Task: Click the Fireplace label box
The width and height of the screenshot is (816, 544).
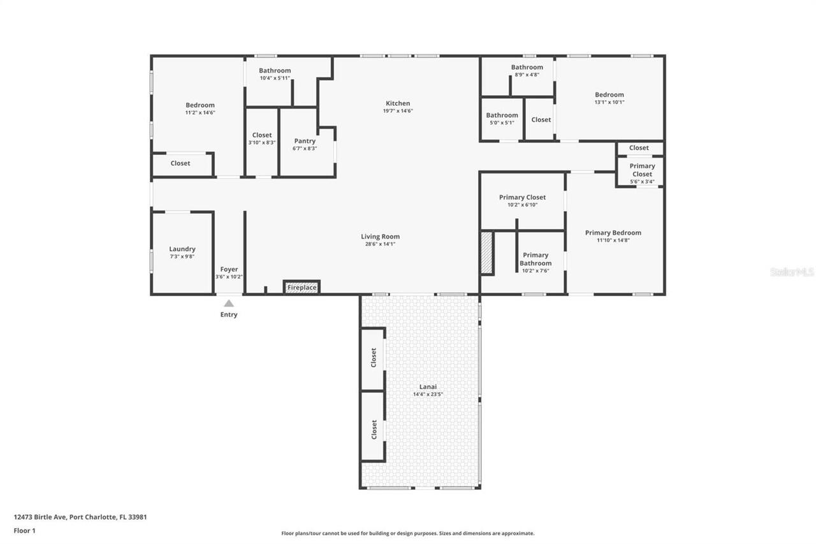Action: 302,288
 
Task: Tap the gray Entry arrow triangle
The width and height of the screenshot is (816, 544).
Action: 228,304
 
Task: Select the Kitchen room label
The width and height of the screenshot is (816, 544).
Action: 398,103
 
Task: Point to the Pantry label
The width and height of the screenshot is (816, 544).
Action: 305,141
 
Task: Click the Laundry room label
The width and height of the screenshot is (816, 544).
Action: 182,249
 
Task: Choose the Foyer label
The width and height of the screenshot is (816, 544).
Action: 229,270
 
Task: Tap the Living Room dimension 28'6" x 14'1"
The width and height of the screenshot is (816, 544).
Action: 380,244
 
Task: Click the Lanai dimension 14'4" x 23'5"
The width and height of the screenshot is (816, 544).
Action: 428,394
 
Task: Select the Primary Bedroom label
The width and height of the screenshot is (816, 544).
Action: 613,233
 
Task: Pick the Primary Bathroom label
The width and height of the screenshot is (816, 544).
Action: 535,259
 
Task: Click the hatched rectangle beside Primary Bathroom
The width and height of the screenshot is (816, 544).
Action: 487,253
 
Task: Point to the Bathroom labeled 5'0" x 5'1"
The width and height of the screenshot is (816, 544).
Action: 502,116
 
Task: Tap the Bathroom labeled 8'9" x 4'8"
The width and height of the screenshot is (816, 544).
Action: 527,68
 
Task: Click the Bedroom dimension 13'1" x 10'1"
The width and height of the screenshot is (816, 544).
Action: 609,102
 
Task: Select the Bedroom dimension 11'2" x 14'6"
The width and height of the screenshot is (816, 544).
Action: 200,113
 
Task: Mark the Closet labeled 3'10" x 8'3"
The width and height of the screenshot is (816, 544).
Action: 262,135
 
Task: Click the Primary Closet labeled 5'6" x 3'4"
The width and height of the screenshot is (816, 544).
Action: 642,170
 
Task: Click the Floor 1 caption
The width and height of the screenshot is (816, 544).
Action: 25,531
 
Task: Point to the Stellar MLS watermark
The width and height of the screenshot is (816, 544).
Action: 792,272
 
